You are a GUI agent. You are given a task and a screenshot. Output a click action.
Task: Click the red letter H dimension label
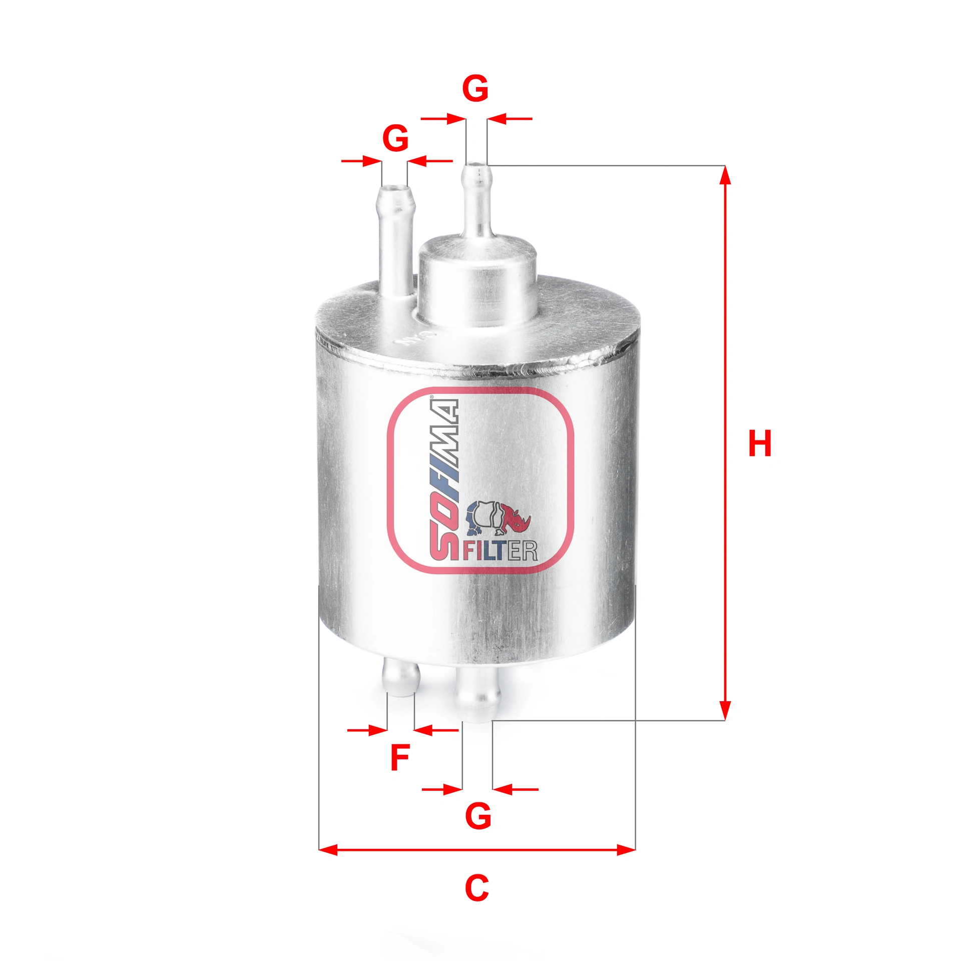(x=759, y=443)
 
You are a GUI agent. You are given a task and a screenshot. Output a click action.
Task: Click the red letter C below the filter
(x=476, y=888)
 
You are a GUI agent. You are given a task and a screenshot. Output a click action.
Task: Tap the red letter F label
(x=400, y=758)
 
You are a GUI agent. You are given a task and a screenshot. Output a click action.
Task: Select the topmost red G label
(x=475, y=89)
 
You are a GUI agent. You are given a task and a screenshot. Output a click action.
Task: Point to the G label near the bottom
(x=478, y=816)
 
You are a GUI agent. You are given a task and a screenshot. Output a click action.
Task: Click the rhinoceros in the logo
(x=499, y=518)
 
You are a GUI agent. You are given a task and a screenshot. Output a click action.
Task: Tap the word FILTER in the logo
(x=500, y=551)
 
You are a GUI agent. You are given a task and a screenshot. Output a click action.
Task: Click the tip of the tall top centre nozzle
(x=476, y=168)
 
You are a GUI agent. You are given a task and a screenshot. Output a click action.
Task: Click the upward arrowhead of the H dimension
(x=725, y=175)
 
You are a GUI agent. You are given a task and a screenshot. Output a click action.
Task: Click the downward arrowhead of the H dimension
(x=725, y=710)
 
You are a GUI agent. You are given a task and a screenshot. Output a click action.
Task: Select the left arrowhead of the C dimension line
(x=328, y=850)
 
